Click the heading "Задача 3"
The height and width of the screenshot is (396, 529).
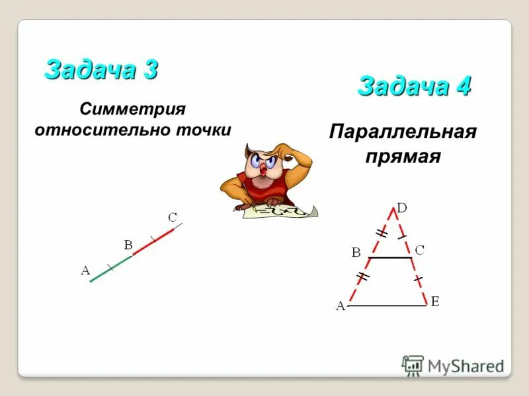101,69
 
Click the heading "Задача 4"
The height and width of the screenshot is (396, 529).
414,86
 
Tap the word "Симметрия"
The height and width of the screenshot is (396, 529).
132,108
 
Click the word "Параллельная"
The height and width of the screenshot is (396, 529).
402,131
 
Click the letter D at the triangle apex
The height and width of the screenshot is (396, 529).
401,207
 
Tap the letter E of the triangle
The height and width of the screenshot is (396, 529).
435,302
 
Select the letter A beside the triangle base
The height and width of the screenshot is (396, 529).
341,306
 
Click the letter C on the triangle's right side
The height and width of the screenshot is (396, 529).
419,250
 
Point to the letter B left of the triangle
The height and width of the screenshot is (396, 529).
356,252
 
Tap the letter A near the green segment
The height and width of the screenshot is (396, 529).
85,269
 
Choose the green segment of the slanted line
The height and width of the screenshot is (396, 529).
110,268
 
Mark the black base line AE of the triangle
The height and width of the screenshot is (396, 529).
387,306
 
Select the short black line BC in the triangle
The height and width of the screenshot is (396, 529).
389,257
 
